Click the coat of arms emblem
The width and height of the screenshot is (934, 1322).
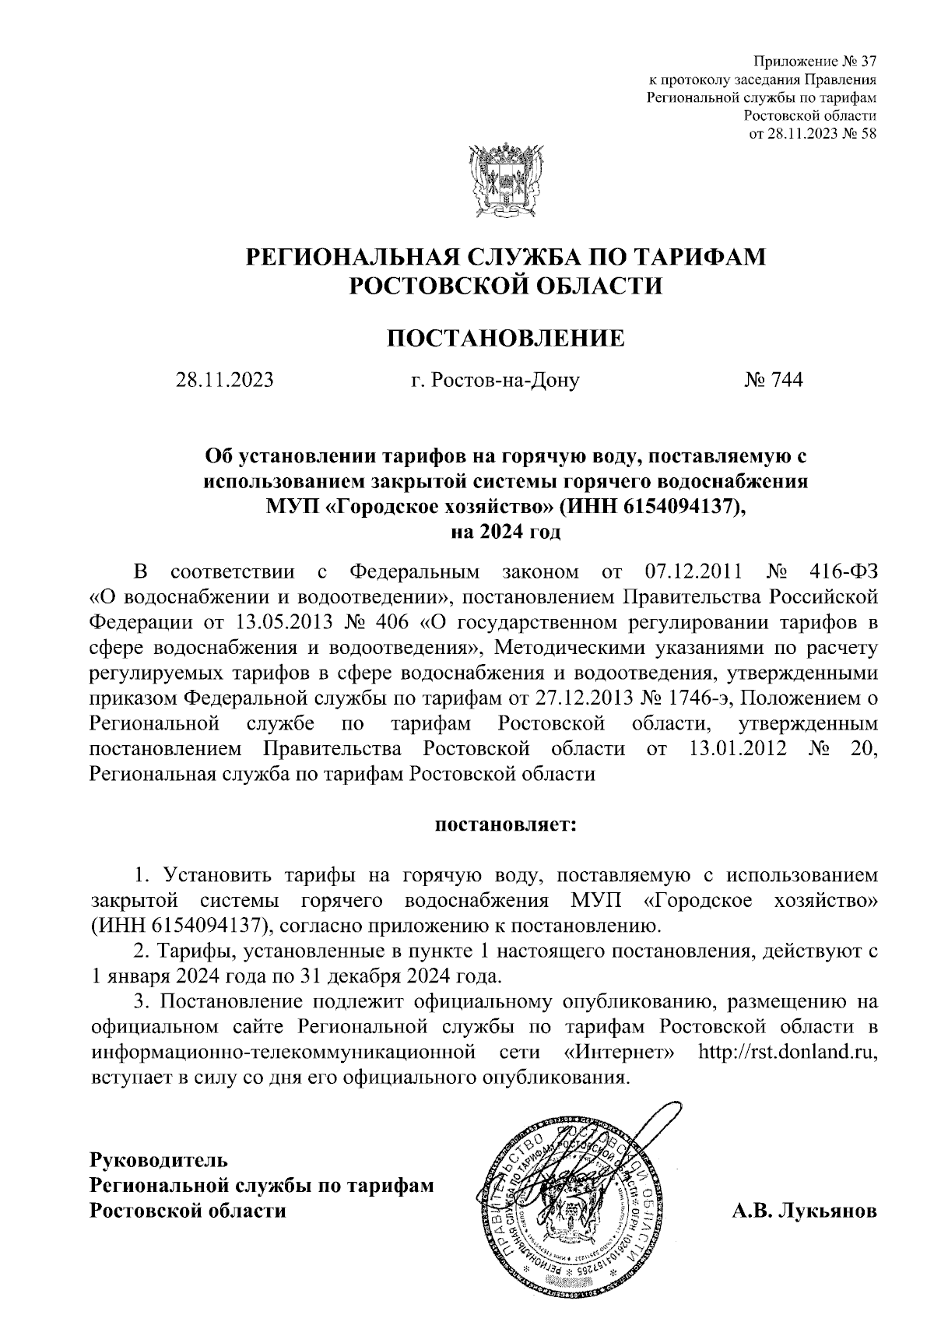tap(505, 179)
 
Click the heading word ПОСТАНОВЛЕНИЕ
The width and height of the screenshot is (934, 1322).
tap(506, 339)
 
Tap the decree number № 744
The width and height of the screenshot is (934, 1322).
tap(774, 380)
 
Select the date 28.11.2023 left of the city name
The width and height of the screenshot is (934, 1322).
tap(225, 380)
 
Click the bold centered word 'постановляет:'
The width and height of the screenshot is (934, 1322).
tap(505, 824)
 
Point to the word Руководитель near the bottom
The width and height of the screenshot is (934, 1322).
tap(160, 1159)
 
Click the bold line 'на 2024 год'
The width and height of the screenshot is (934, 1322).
tap(506, 533)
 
